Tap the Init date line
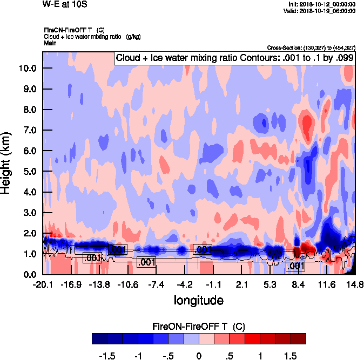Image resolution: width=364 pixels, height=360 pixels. pos(322,4)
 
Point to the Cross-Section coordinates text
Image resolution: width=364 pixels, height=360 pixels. pos(311,47)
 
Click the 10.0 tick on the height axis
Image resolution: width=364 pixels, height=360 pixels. pos(27,69)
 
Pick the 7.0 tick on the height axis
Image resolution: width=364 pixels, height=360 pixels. pos(29,130)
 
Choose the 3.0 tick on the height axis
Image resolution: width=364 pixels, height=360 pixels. pos(29,213)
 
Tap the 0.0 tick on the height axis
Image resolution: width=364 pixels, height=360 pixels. pos(29,274)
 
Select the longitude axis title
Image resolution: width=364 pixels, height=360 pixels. pos(198,300)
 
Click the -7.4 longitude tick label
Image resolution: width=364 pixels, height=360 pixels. pos(156,284)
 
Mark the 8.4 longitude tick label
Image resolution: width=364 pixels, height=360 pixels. pos(299,284)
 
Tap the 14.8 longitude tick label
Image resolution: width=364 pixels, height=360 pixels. pos(355,284)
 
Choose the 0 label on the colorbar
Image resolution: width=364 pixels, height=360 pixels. pos(199,356)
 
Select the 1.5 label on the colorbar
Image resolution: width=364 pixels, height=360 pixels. pos(291,356)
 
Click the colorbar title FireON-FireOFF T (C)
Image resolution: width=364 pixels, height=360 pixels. pos(199,327)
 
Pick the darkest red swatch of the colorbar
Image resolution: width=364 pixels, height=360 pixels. pos(298,338)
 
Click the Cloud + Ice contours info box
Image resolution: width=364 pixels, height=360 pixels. pos(234,58)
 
